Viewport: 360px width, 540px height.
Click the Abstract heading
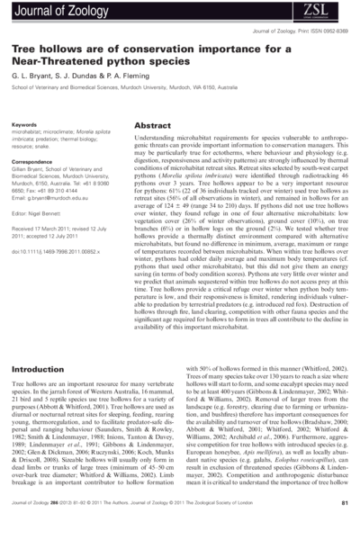point(153,126)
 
